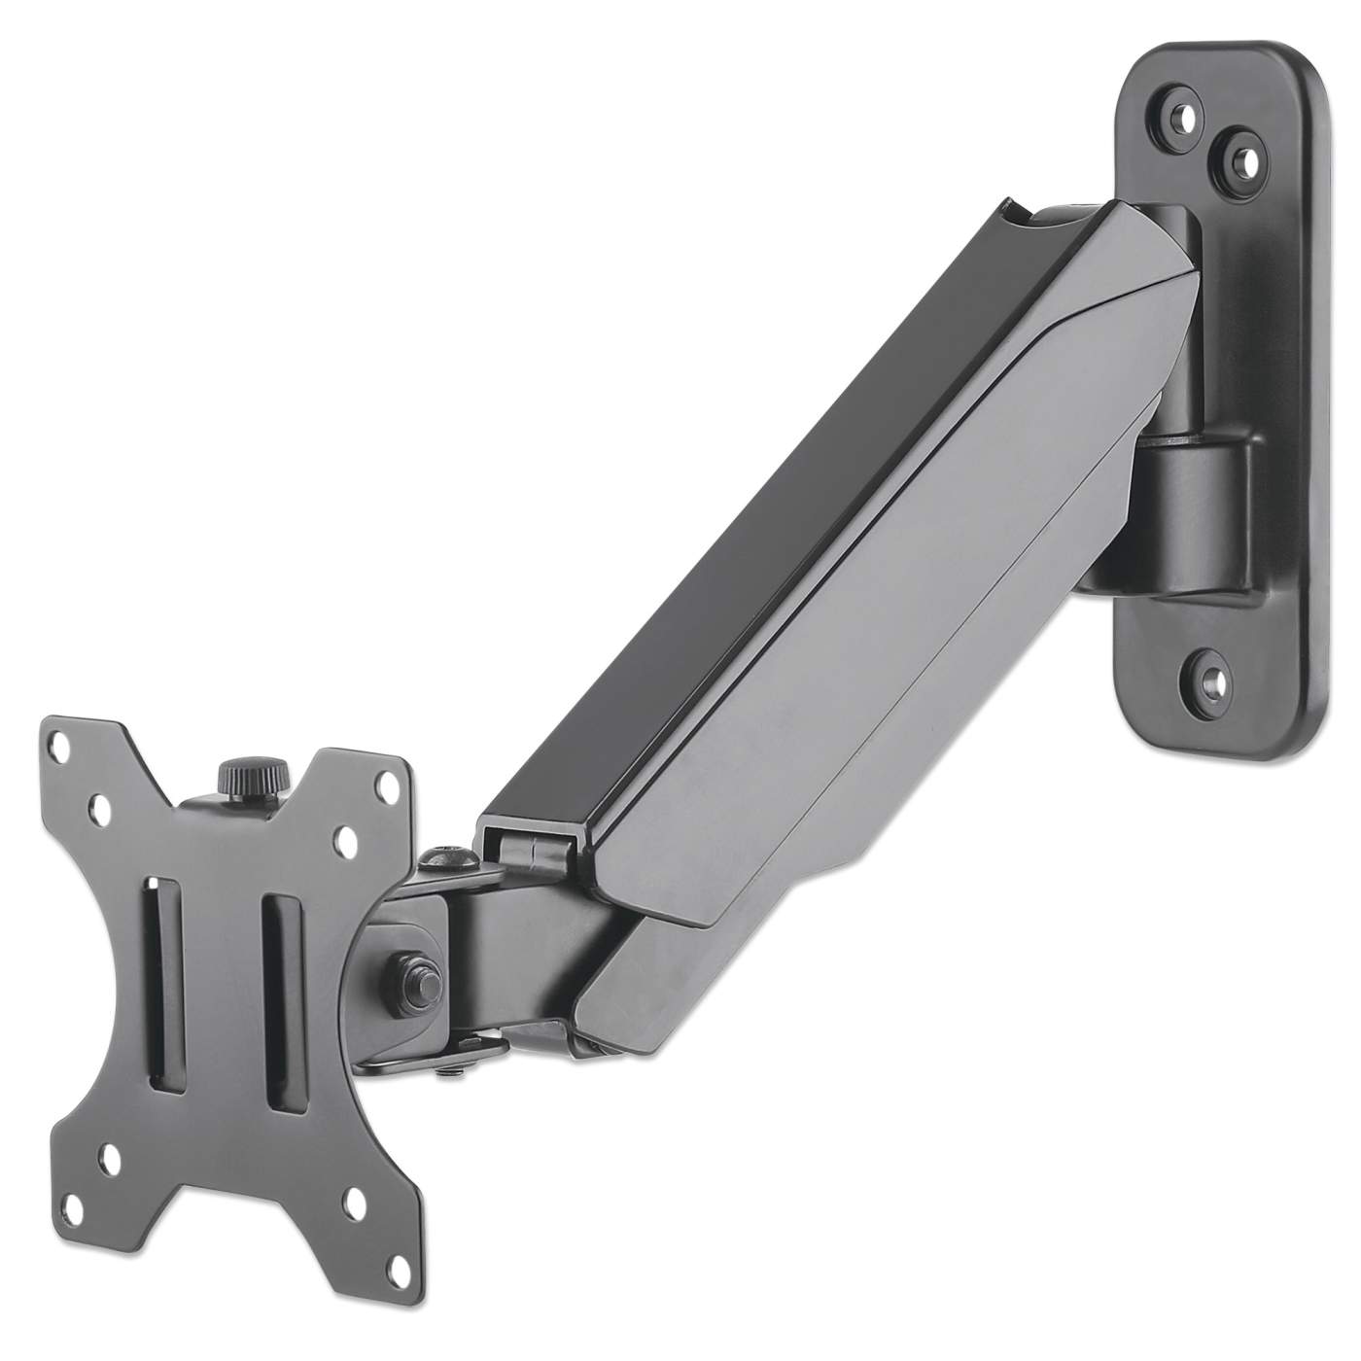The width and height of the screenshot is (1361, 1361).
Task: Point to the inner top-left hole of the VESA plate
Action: click(x=101, y=807)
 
